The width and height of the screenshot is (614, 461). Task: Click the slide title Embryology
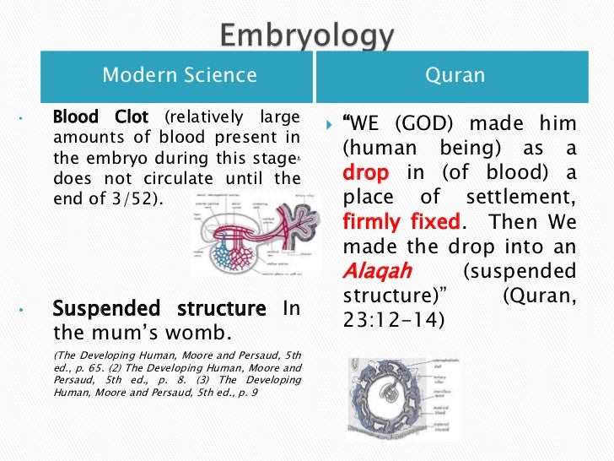[x=306, y=36]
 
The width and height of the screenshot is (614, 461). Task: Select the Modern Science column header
[x=179, y=75]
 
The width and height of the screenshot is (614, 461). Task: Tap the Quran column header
[x=455, y=75]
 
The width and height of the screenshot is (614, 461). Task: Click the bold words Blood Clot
[x=100, y=117]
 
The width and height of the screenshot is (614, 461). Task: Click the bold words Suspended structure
[x=159, y=309]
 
